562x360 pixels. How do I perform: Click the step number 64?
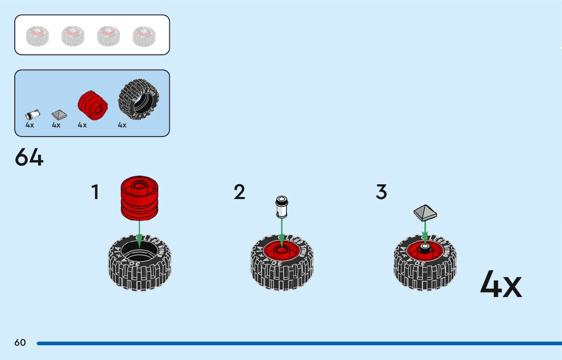pyautogui.click(x=29, y=157)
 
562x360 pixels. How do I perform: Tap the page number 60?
pyautogui.click(x=20, y=343)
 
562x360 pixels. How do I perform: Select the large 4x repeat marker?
pyautogui.click(x=501, y=284)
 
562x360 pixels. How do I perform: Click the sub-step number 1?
pyautogui.click(x=95, y=192)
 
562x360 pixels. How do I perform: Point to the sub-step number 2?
pyautogui.click(x=239, y=192)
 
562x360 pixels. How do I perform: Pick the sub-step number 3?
pyautogui.click(x=381, y=192)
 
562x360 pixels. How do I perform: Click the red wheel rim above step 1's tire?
pyautogui.click(x=140, y=198)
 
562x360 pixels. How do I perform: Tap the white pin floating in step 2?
pyautogui.click(x=281, y=206)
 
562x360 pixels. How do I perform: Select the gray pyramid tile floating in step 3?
pyautogui.click(x=425, y=212)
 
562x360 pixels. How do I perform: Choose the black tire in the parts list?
pyautogui.click(x=138, y=99)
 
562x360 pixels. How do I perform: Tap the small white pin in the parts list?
pyautogui.click(x=32, y=115)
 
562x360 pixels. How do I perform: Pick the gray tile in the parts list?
pyautogui.click(x=59, y=114)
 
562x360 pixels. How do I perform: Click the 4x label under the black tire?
pyautogui.click(x=122, y=125)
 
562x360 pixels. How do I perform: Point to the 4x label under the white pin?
pyautogui.click(x=30, y=125)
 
